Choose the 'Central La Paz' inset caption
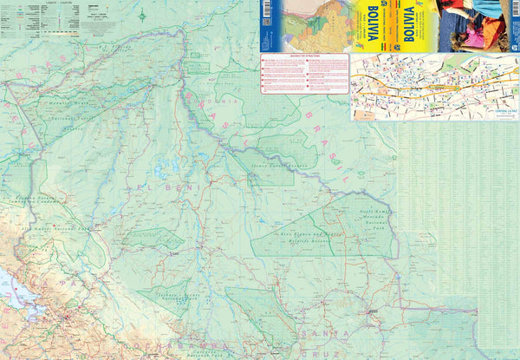click(x=499, y=112)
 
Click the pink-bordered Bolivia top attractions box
click(x=304, y=74)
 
